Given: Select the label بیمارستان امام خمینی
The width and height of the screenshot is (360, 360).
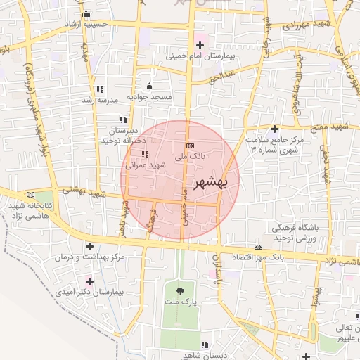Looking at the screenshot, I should coord(203,55).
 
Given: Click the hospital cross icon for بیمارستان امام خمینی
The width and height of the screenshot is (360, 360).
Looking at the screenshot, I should coord(200,45).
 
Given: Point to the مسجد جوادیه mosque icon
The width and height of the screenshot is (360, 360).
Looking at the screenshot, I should coord(149,86).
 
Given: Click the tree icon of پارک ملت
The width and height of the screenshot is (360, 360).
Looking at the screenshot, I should coord(181,290).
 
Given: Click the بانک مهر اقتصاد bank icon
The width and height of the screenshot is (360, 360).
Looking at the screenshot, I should coord(258,247).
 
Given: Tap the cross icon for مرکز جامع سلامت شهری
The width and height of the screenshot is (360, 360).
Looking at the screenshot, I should coord(274,129).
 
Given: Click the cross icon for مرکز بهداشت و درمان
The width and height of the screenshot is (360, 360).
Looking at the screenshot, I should coord(89,246).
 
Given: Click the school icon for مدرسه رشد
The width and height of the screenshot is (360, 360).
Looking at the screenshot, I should coord(99,89).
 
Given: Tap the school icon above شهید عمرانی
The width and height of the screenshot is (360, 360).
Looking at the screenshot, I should coord(145,154).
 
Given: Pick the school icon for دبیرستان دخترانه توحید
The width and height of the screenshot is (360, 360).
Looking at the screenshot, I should coord(124,120).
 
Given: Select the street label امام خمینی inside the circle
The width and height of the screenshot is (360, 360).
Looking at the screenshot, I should coord(185,204).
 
